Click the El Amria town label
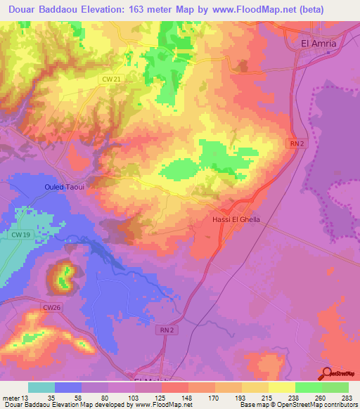coord(319,43)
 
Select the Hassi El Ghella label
coord(236,219)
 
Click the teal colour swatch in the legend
coord(41,387)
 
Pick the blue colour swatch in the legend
coord(68,387)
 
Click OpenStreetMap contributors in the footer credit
coord(319,405)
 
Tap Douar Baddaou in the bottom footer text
coord(23,405)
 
